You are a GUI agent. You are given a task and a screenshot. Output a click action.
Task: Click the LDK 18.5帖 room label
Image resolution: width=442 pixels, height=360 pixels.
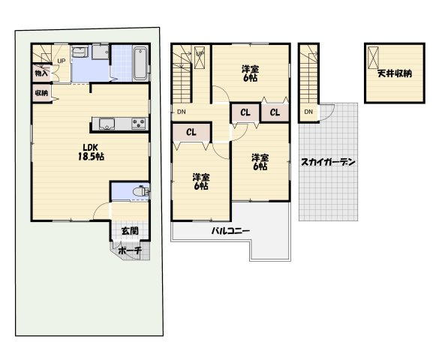[x=91, y=152]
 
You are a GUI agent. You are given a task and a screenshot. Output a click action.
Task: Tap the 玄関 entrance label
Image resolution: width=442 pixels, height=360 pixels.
[x=130, y=231]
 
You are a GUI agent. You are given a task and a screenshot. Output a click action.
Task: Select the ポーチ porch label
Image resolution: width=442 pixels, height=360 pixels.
[x=129, y=250]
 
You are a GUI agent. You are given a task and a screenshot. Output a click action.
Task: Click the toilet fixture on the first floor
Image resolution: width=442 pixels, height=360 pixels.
[x=141, y=191]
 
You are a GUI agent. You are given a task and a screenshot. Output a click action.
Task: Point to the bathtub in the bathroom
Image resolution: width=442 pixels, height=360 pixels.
[x=140, y=64]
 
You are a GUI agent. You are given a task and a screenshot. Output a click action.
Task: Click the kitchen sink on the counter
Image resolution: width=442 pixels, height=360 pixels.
[x=107, y=124]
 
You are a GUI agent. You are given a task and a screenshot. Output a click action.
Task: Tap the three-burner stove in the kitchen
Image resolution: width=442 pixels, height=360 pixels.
[x=139, y=124]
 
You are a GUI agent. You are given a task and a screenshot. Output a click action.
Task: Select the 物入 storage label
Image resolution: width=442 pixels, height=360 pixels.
[x=41, y=73]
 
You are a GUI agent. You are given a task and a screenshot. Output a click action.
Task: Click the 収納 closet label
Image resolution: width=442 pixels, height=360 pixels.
[x=41, y=93]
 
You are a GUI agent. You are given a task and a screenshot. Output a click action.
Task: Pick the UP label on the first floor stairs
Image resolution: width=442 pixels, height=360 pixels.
[x=62, y=61]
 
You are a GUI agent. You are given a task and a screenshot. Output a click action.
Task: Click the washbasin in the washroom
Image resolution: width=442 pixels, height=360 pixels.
[x=80, y=52]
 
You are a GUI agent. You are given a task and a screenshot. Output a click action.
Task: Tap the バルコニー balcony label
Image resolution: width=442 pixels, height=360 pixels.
[x=230, y=231]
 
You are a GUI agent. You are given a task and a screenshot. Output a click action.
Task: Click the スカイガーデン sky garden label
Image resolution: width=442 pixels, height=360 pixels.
[x=328, y=162]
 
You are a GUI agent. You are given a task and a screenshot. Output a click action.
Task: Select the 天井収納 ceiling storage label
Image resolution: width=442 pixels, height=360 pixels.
[x=395, y=73]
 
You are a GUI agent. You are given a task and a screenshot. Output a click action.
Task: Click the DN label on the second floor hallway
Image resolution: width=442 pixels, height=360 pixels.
[x=182, y=112]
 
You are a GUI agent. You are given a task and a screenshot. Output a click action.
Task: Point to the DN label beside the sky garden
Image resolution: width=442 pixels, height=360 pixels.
[x=308, y=112]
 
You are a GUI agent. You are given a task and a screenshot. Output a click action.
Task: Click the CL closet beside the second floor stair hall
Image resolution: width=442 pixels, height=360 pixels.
[x=191, y=132]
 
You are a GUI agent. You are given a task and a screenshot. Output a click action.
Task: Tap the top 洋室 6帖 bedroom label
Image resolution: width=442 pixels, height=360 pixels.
[x=250, y=73]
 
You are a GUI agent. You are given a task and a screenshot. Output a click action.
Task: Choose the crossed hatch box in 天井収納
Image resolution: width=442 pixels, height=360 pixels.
[x=373, y=58]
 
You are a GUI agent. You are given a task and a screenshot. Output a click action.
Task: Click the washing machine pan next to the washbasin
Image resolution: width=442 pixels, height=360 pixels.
[x=100, y=52]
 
